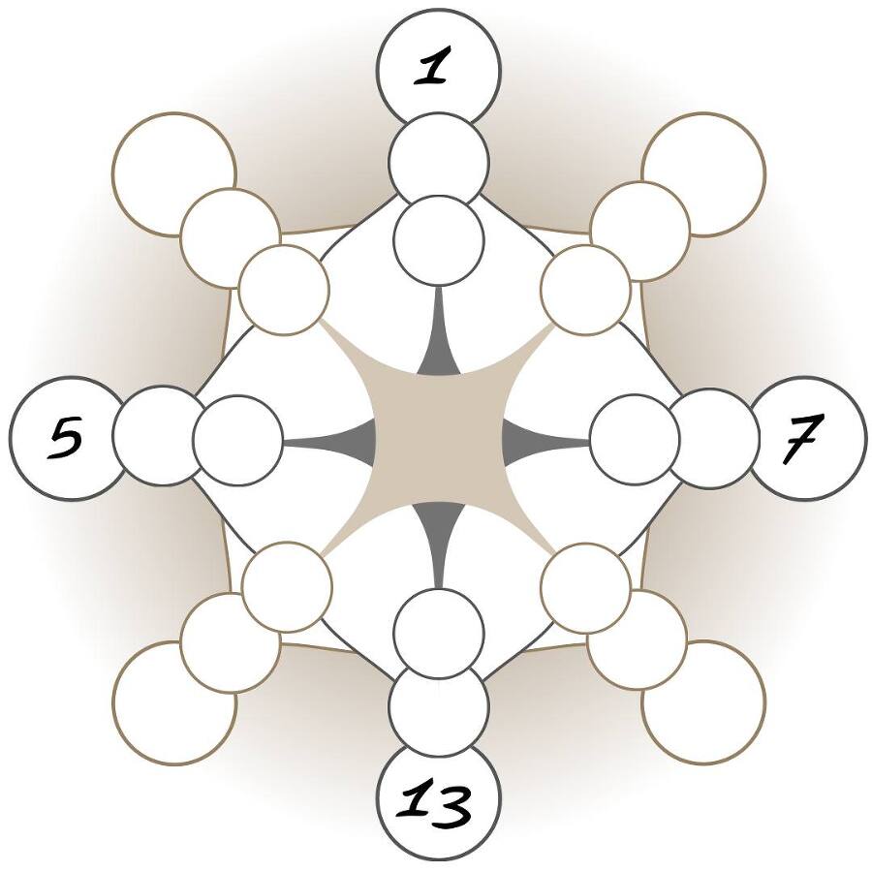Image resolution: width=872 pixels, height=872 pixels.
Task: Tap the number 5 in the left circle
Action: click(66, 438)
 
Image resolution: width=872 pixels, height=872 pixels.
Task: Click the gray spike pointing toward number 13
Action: click(438, 543)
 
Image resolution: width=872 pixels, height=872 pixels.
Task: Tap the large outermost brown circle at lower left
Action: click(174, 703)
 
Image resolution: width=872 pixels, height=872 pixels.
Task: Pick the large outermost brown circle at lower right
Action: click(703, 703)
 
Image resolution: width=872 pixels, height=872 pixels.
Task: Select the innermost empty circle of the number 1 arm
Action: click(438, 237)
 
